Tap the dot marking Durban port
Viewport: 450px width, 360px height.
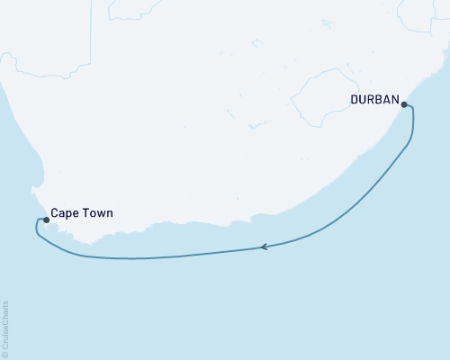(404, 105)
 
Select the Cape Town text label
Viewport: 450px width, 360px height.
(84, 215)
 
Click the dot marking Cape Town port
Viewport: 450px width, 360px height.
(46, 219)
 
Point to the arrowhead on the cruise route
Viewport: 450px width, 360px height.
(264, 247)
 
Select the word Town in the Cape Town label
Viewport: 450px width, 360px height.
(100, 215)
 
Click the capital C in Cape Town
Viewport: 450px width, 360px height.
(56, 215)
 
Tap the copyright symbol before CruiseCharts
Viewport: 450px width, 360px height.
(6, 354)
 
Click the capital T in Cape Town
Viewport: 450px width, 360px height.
(88, 215)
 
